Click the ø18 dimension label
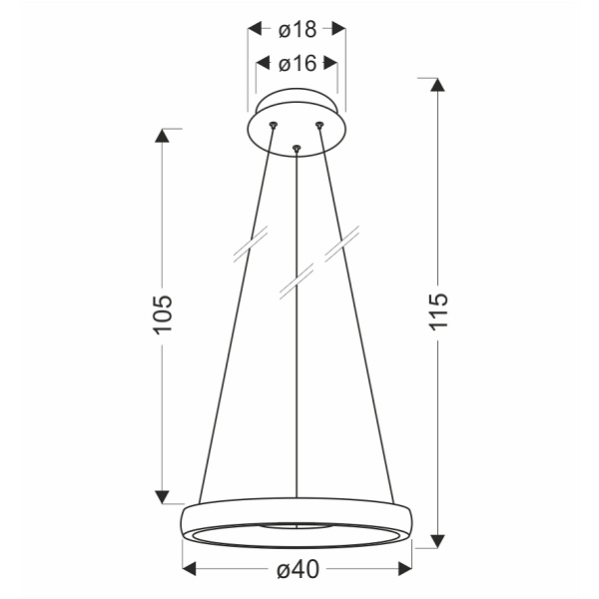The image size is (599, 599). click(297, 27)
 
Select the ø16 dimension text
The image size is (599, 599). click(297, 64)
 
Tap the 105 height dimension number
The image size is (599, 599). click(165, 314)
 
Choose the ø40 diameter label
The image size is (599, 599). click(297, 570)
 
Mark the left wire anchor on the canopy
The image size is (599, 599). click(273, 123)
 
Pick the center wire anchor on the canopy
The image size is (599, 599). click(297, 149)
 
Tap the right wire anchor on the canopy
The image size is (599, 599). click(320, 124)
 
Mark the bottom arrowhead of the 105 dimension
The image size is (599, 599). click(161, 495)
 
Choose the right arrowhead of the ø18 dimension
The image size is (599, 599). click(338, 27)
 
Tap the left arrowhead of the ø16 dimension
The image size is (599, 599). click(263, 64)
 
